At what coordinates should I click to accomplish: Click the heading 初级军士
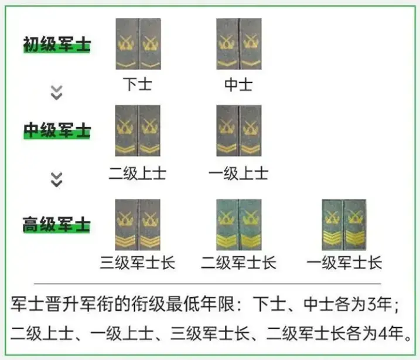point(57,44)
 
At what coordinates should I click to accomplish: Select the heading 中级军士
point(57,130)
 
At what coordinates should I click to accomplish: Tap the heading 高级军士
point(56,224)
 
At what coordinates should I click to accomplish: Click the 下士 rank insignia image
point(138,44)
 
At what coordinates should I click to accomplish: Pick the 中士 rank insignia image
point(239,44)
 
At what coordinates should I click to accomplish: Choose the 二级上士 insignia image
point(138,131)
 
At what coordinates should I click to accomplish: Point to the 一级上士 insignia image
point(239,131)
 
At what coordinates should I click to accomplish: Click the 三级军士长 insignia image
point(138,225)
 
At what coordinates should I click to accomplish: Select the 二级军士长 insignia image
point(239,225)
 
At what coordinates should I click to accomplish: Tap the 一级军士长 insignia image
point(344,225)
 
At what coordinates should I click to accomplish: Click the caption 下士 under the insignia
point(138,84)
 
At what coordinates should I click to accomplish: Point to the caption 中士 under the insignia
point(238,84)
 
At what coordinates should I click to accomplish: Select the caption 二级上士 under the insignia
point(138,173)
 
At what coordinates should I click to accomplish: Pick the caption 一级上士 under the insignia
point(238,173)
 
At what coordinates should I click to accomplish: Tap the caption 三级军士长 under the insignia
point(138,263)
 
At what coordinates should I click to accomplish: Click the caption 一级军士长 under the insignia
point(344,263)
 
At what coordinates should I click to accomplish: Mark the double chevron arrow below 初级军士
point(56,93)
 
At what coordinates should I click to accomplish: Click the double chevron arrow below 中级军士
point(56,179)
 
